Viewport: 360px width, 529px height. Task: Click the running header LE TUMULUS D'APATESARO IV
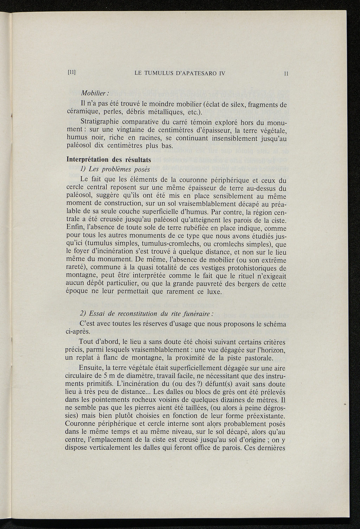180,73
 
